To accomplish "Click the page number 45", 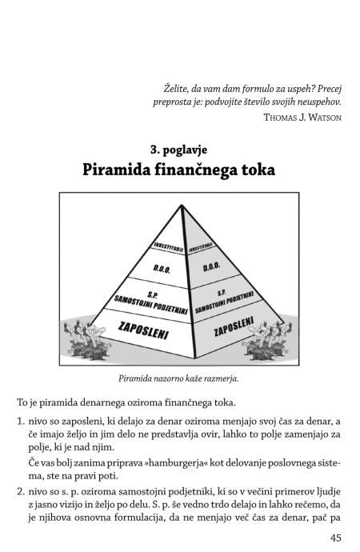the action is click(x=336, y=538).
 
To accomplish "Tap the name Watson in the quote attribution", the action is click(x=325, y=118).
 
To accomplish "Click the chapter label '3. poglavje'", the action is click(x=178, y=150).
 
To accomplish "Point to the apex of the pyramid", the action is click(x=182, y=205).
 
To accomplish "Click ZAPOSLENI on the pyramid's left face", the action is click(x=143, y=330).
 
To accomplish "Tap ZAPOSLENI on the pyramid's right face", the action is click(x=234, y=326).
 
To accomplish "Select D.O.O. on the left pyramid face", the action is click(x=162, y=270).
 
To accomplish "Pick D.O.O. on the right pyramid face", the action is click(x=211, y=266).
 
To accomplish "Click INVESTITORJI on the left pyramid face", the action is click(x=169, y=247).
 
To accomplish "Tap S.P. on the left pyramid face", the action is click(x=152, y=294).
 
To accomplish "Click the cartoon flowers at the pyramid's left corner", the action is click(x=86, y=339).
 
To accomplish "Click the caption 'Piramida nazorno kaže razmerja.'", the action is click(x=178, y=378).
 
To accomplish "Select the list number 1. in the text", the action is click(x=21, y=422).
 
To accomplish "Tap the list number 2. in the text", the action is click(x=21, y=492).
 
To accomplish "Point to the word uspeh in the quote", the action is click(x=300, y=89).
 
